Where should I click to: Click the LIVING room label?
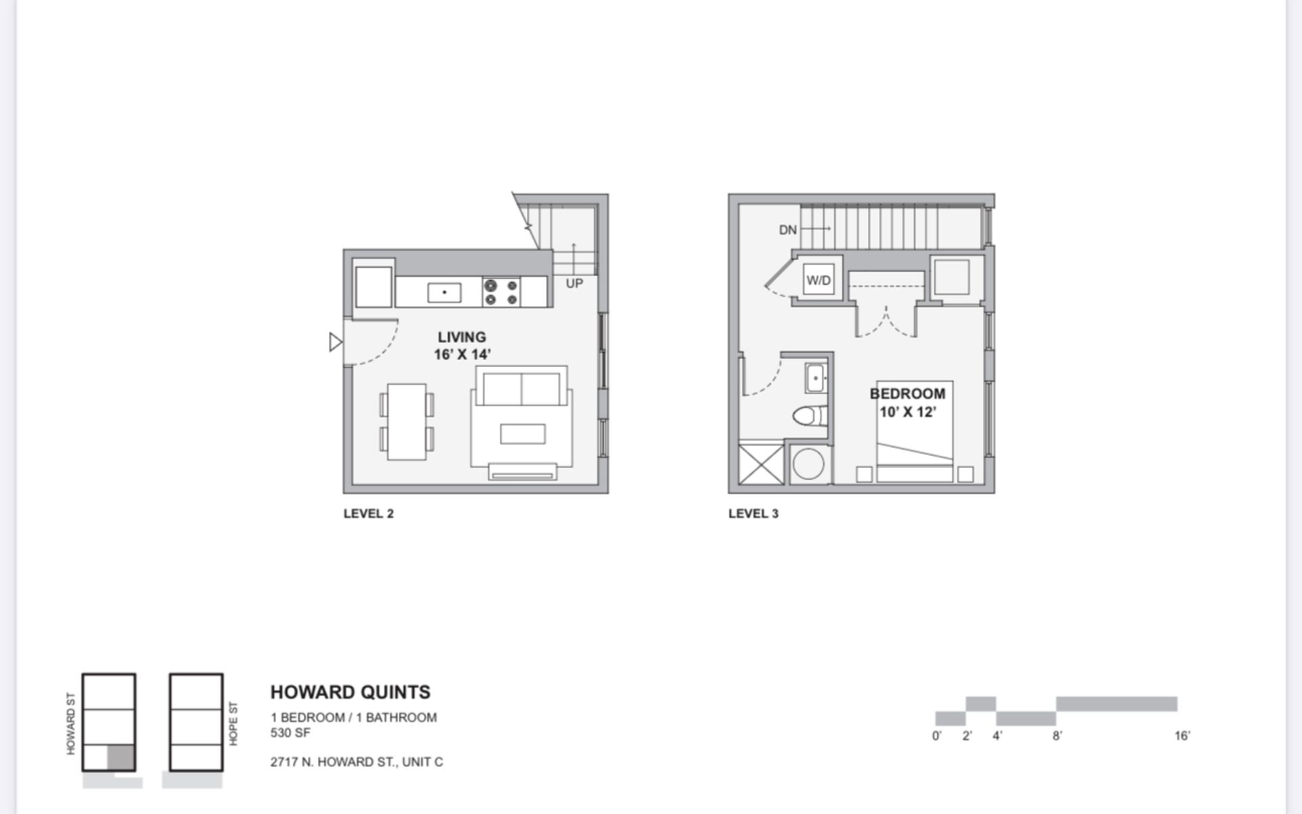[462, 337]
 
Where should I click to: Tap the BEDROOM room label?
[907, 393]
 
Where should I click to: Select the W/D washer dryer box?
[818, 280]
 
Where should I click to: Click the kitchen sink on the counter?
[444, 293]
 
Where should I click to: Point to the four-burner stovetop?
[501, 292]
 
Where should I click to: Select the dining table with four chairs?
[407, 422]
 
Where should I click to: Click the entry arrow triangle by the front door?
[335, 342]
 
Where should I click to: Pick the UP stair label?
[574, 284]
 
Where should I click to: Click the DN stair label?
[788, 230]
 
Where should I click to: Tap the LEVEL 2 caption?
[368, 513]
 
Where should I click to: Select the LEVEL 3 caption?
[753, 513]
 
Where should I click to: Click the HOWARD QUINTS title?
[350, 692]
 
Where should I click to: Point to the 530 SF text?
[290, 733]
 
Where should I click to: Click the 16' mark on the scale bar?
[1182, 736]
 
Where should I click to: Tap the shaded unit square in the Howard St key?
[121, 757]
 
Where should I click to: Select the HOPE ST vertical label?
[233, 724]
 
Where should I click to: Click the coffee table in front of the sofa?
[522, 434]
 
